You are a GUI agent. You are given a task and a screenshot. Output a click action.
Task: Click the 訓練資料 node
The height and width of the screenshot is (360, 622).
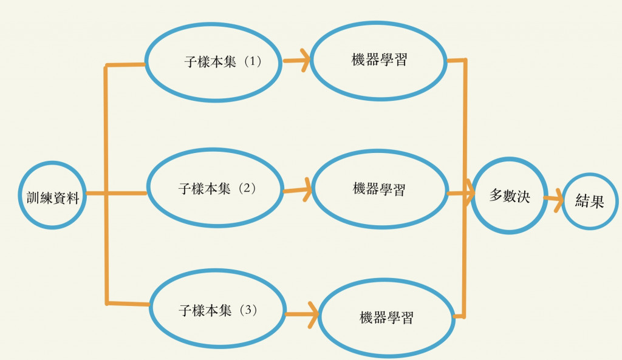[x=52, y=195]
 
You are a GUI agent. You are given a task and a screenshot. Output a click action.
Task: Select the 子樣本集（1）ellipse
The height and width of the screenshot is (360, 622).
[x=213, y=62]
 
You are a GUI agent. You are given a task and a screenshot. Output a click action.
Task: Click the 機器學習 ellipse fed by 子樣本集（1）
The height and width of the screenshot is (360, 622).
[x=379, y=60]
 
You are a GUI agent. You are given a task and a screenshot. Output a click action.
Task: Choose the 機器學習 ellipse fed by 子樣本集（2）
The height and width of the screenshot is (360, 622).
[x=379, y=189]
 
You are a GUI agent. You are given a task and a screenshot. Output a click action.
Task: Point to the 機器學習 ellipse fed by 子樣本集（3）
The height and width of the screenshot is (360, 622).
[x=386, y=318]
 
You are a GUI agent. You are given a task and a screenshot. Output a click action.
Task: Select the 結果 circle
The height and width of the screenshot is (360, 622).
[x=589, y=202]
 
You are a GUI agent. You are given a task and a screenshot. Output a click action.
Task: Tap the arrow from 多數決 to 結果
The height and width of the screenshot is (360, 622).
[x=553, y=200]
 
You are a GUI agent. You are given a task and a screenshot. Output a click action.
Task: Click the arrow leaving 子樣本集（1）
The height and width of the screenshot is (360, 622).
[x=296, y=60]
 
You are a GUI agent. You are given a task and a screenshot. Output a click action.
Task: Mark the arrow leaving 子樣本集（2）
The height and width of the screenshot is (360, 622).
[x=298, y=189]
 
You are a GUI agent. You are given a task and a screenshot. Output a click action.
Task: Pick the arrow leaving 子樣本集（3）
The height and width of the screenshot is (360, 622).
[x=302, y=314]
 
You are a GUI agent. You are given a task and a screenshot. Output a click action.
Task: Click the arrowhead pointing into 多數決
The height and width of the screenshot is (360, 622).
[x=470, y=195]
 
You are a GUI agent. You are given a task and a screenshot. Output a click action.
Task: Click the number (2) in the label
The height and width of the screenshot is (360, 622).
[x=247, y=188]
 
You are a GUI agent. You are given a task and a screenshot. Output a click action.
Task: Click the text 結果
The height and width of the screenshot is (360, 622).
[x=589, y=202]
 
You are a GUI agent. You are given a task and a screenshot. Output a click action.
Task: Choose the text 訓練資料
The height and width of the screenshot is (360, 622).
[x=52, y=197]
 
